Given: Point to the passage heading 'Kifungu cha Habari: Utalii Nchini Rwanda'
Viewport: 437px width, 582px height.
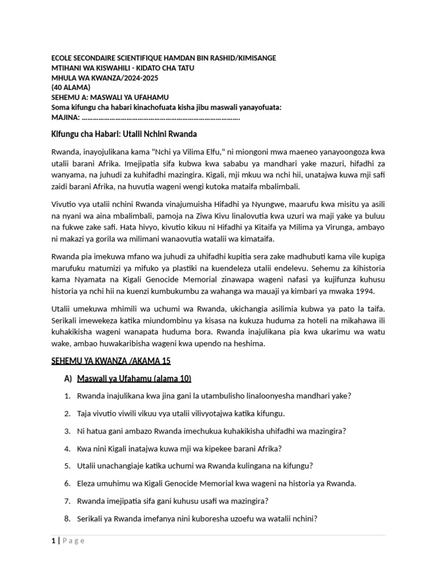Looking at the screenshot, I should click(124, 134).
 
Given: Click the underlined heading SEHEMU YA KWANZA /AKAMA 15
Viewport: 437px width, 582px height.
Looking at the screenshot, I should click(111, 361).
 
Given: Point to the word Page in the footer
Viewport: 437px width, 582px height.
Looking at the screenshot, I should click(73, 541).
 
